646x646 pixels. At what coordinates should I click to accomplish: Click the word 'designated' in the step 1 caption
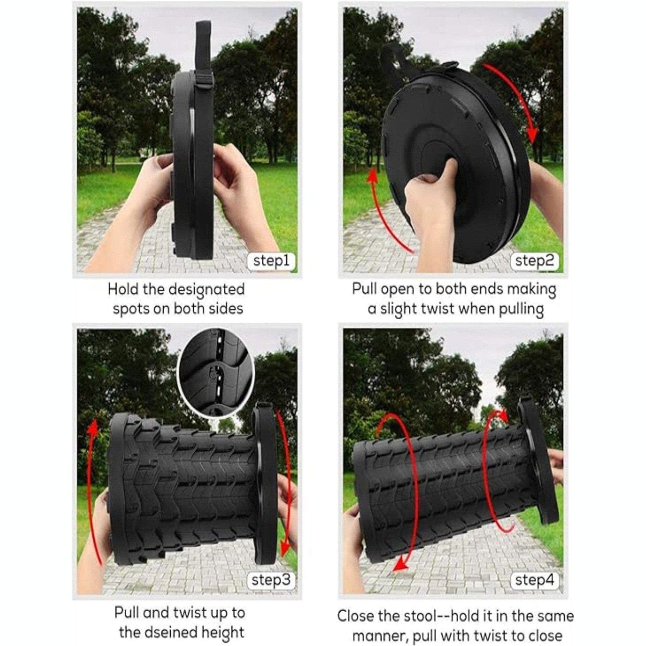tap(206, 290)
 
